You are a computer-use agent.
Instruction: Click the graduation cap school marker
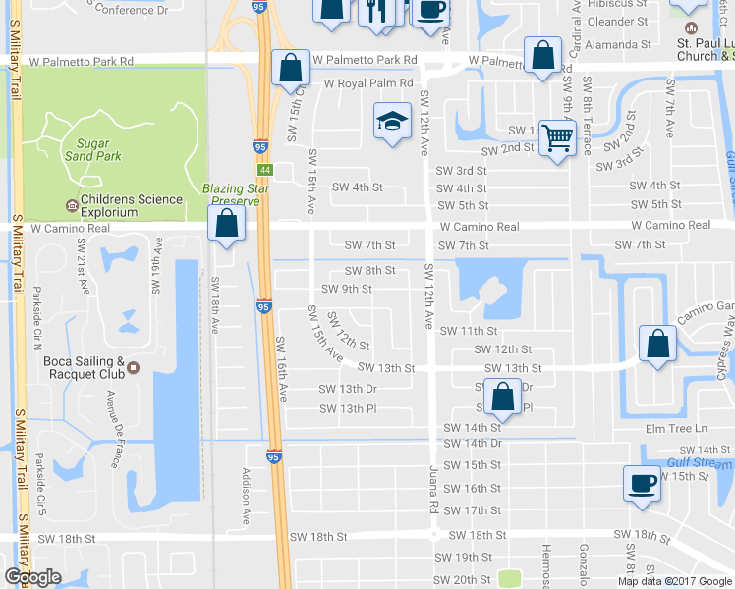tap(392, 123)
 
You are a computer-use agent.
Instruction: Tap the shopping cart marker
tap(556, 137)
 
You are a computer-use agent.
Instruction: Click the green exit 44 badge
tap(265, 170)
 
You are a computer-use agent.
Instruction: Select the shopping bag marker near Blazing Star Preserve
tap(227, 222)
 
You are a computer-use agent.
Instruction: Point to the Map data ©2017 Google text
tap(673, 581)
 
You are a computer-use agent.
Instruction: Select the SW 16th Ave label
tap(281, 367)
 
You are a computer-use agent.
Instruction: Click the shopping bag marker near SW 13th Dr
tap(502, 397)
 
